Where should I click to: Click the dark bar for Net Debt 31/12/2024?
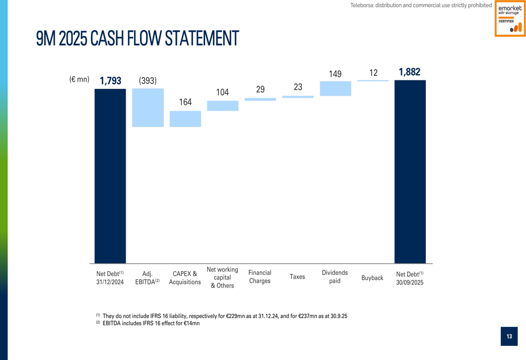click(110, 176)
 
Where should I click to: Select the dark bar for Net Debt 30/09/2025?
click(410, 172)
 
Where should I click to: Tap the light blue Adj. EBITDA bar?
click(148, 108)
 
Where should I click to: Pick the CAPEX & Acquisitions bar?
click(185, 119)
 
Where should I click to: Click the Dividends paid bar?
click(335, 88)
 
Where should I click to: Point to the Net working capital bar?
click(222, 106)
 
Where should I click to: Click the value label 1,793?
click(110, 80)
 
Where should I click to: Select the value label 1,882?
click(410, 72)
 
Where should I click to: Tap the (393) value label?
click(148, 80)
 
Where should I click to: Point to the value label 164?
click(185, 102)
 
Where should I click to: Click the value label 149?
click(335, 74)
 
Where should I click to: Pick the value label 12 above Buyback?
click(373, 73)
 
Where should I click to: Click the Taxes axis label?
click(297, 276)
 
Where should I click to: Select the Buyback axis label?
click(372, 277)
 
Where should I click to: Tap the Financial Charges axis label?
click(260, 276)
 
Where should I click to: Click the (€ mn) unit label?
click(79, 79)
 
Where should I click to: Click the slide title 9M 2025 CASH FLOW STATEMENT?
click(137, 38)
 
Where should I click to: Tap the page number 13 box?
click(509, 336)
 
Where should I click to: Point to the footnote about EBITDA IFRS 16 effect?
click(150, 323)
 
